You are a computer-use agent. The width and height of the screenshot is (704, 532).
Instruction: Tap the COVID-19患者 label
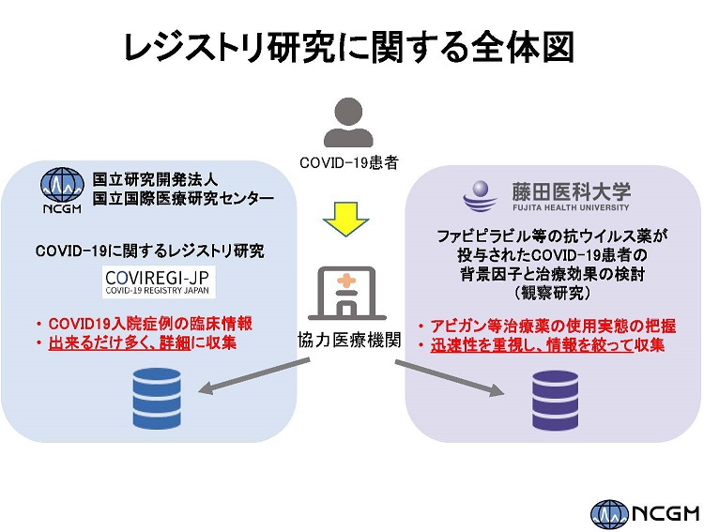349,162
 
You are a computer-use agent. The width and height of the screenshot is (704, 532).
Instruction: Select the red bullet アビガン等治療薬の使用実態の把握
551,326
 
